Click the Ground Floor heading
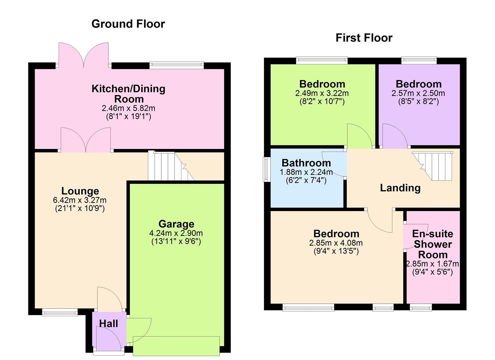click(128, 24)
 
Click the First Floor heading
click(364, 38)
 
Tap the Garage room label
click(176, 224)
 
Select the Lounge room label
click(80, 191)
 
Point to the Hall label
click(108, 324)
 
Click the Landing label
click(400, 188)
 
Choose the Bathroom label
click(306, 163)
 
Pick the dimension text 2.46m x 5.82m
click(128, 108)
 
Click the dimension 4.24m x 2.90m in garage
click(176, 233)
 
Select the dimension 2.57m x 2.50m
click(418, 93)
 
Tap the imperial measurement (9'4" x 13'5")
click(336, 251)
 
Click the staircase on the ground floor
click(170, 166)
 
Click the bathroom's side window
click(267, 169)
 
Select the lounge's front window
click(60, 312)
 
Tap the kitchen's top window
click(176, 65)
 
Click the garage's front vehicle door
click(176, 346)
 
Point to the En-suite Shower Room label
click(432, 244)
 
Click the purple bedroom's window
click(419, 60)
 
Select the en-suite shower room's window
click(421, 308)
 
